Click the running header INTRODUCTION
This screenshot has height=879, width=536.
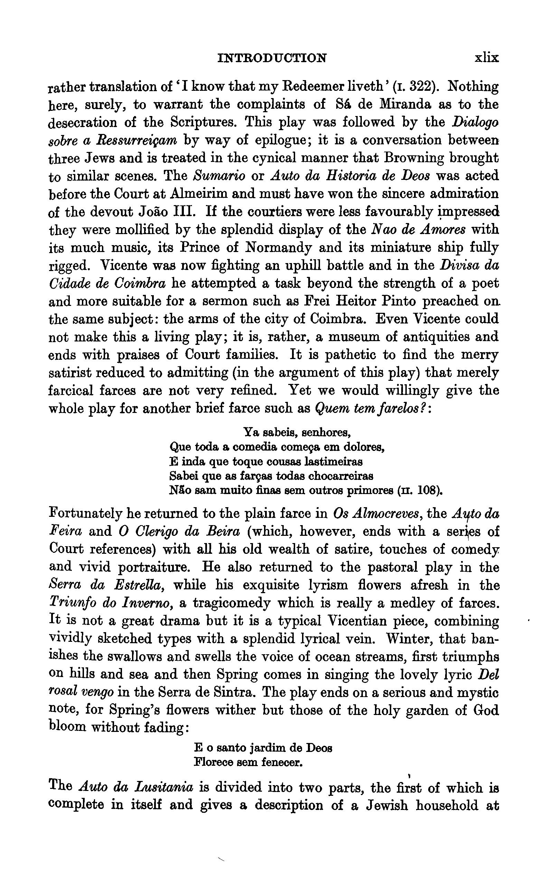[x=272, y=58]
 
